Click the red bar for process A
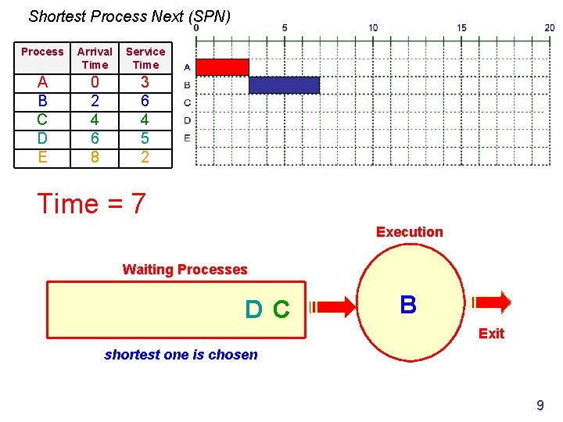(222, 66)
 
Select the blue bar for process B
(284, 84)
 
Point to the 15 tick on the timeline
(461, 27)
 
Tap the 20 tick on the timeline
(550, 27)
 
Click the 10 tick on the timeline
(373, 27)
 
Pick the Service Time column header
(145, 58)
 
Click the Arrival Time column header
(95, 58)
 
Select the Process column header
(42, 52)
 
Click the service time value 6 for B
(145, 101)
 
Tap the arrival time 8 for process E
(95, 157)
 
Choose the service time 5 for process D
(145, 138)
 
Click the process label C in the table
(42, 120)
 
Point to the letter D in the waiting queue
(253, 310)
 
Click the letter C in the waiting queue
(281, 310)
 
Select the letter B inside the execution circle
(408, 305)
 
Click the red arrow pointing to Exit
(490, 301)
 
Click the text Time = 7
(91, 204)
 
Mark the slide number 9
(540, 405)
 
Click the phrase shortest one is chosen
(181, 355)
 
